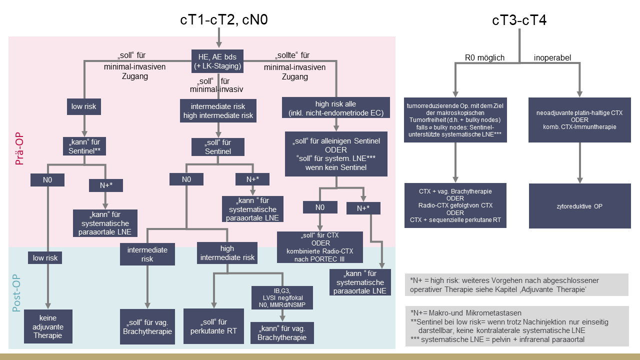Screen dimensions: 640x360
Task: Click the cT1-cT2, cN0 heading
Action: click(224, 20)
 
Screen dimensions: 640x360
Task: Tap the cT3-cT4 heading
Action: click(519, 20)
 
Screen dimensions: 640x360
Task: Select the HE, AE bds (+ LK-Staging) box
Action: click(217, 61)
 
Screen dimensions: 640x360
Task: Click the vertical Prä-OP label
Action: click(19, 148)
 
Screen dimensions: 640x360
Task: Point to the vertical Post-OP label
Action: click(16, 293)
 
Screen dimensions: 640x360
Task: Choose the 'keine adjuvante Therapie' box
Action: click(48, 326)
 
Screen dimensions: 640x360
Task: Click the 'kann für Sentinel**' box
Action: click(84, 146)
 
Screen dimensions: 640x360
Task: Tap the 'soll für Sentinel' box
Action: click(217, 147)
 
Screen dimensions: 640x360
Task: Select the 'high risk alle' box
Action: click(335, 107)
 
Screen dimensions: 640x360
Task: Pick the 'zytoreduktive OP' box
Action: click(579, 206)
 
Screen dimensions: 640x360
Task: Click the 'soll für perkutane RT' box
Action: click(213, 326)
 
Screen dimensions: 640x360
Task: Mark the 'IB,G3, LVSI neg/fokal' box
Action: click(282, 297)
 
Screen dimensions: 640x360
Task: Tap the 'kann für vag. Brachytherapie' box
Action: click(282, 333)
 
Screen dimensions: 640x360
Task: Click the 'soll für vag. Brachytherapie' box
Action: click(147, 327)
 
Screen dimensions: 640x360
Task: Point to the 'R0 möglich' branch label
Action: click(484, 57)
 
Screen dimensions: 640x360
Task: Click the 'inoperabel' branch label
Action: click(552, 57)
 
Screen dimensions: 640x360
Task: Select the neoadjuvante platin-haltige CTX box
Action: click(579, 120)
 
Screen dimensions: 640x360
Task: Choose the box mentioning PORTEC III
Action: click(320, 247)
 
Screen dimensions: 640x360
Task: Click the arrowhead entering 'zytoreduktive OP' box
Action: click(579, 180)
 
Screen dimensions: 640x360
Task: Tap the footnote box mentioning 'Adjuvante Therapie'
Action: click(516, 285)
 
